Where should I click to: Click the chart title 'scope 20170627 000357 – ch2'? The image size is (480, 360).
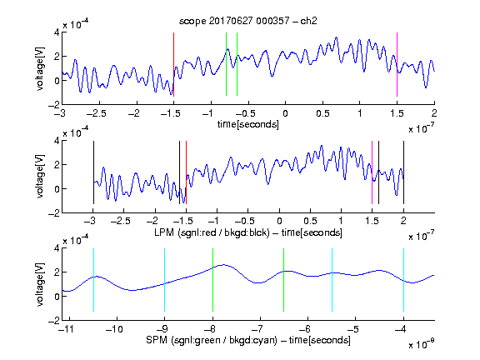(x=248, y=21)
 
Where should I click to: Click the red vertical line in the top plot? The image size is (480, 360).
(x=174, y=64)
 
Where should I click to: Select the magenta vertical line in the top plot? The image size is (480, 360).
(x=397, y=64)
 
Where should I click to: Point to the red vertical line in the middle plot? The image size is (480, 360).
(x=186, y=172)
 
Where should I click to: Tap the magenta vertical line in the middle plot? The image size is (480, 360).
(x=372, y=172)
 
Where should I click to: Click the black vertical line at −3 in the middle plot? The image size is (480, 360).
(x=93, y=172)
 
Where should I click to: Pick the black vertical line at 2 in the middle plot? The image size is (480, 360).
(x=403, y=172)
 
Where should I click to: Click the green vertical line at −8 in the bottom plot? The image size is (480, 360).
(x=212, y=280)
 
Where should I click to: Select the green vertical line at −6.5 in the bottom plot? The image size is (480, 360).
(x=284, y=280)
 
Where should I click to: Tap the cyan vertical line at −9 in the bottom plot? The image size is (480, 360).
(x=165, y=280)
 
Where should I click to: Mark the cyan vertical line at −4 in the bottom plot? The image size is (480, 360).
(x=403, y=280)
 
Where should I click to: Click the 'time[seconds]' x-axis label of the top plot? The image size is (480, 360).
(x=248, y=124)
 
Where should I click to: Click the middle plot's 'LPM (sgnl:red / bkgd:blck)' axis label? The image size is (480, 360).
(x=212, y=232)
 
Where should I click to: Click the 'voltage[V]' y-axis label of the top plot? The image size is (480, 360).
(x=40, y=68)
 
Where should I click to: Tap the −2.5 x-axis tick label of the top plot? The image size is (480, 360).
(x=97, y=113)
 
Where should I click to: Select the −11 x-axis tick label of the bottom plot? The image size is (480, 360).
(x=67, y=329)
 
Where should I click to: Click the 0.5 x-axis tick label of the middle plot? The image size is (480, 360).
(x=310, y=221)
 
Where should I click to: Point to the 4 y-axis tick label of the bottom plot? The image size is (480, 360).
(x=57, y=248)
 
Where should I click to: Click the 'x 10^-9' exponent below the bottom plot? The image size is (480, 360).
(x=422, y=344)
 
